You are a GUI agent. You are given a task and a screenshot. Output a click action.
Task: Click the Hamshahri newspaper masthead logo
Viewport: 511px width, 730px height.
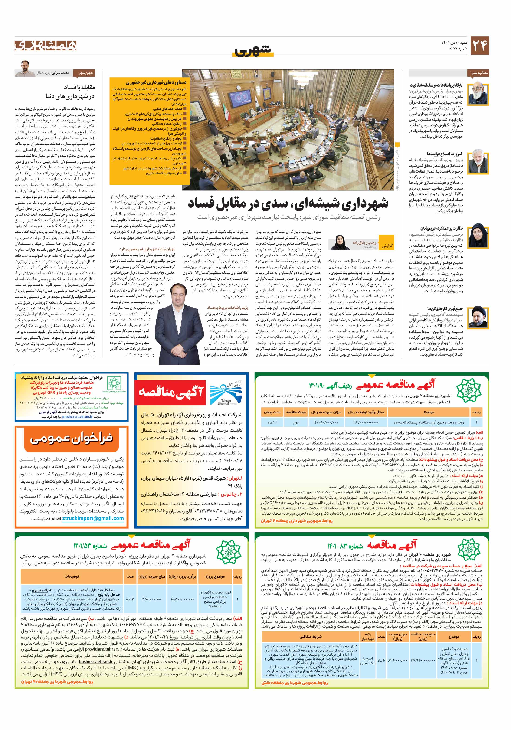pos(46,46)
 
